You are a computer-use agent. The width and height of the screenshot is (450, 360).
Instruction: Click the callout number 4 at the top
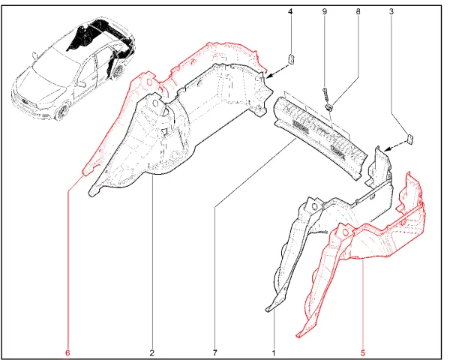(x=290, y=12)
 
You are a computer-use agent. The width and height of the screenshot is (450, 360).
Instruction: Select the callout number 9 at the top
(x=325, y=12)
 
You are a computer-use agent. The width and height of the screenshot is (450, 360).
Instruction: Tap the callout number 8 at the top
(x=358, y=12)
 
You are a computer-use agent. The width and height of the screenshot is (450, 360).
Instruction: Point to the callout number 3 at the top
(x=391, y=12)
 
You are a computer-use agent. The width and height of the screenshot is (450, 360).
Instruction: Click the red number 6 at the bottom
(x=67, y=352)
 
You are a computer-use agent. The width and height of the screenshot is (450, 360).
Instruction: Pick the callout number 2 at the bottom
(x=151, y=352)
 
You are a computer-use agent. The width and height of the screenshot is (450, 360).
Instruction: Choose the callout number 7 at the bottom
(x=215, y=352)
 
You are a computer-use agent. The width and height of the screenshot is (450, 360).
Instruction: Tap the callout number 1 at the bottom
(x=274, y=352)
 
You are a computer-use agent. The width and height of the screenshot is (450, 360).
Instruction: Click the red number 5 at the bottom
(x=362, y=352)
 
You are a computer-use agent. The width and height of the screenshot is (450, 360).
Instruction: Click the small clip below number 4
(x=291, y=59)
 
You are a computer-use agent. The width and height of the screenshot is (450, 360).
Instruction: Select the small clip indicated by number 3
(x=410, y=139)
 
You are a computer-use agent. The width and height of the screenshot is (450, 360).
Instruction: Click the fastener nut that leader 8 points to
(x=328, y=108)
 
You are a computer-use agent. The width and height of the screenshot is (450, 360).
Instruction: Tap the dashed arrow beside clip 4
(x=277, y=71)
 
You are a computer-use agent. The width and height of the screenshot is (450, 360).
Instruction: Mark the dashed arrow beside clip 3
(x=395, y=145)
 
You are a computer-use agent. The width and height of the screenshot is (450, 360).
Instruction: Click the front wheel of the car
(x=61, y=112)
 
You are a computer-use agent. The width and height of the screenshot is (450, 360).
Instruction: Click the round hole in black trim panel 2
(x=156, y=103)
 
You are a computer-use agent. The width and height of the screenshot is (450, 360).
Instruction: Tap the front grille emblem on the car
(x=25, y=101)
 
